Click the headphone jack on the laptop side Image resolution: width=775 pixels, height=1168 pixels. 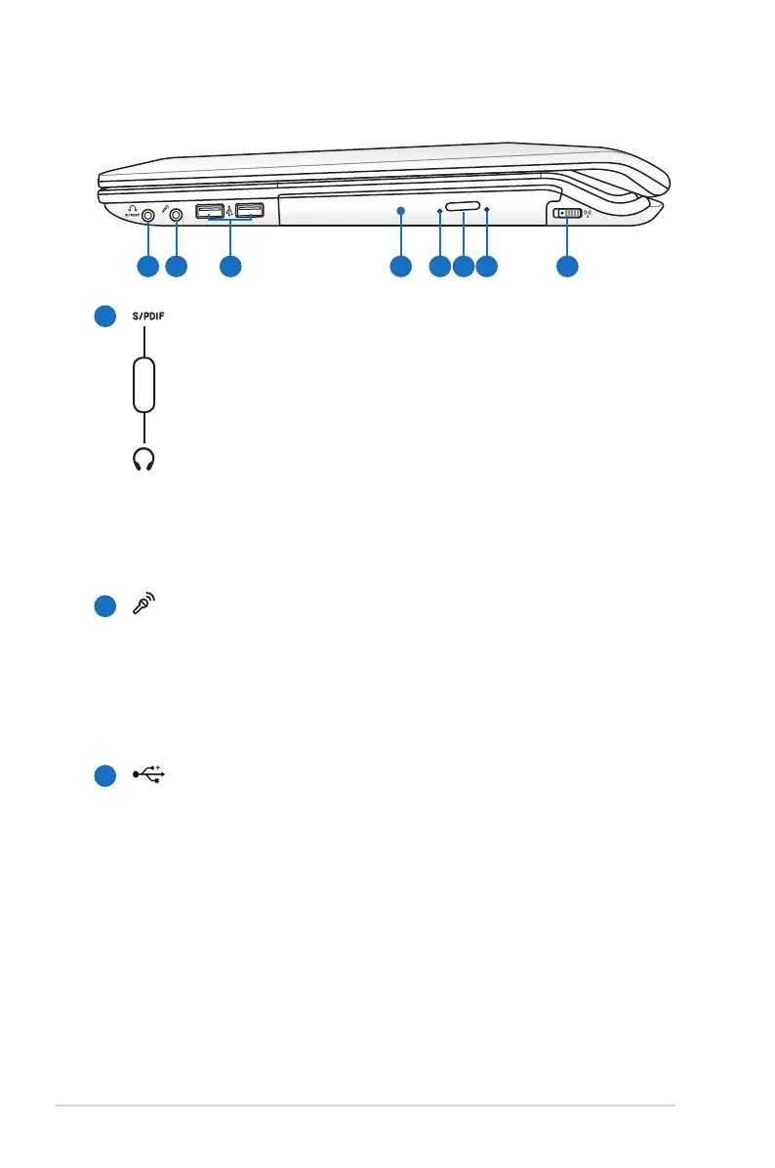pos(147,214)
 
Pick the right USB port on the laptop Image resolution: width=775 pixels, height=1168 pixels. pos(250,210)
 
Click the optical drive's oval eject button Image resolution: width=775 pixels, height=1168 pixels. pos(464,208)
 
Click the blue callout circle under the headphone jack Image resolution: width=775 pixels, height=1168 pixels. pos(147,266)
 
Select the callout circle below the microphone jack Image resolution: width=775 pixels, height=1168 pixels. pos(177,266)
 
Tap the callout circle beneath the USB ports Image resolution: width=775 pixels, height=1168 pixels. pos(229,266)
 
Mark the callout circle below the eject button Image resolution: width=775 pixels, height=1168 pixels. pos(464,266)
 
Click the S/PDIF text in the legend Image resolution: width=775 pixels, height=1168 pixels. pos(153,316)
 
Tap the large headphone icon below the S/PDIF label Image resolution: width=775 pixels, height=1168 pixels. pos(144,459)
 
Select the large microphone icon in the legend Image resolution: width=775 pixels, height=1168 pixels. pos(144,606)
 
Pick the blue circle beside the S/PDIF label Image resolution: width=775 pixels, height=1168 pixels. pos(106,317)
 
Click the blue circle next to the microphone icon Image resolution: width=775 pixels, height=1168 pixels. pos(106,607)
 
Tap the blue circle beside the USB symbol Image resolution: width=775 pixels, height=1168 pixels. pos(106,775)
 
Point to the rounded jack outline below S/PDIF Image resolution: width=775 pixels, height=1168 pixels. pos(144,385)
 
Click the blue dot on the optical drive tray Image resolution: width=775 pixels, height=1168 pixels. pos(401,210)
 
